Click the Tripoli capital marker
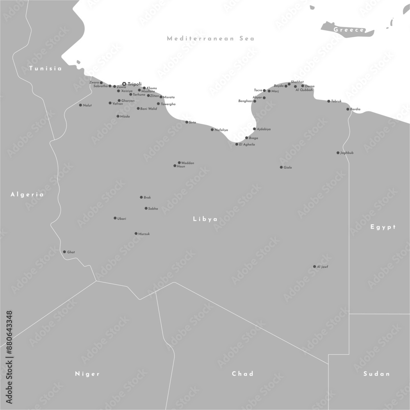click(x=124, y=84)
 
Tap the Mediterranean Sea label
click(x=211, y=39)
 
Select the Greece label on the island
click(x=349, y=30)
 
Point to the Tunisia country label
click(x=46, y=68)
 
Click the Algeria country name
click(x=27, y=194)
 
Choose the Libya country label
click(x=205, y=219)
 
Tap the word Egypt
click(x=383, y=227)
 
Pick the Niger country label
click(x=87, y=374)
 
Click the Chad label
click(x=243, y=374)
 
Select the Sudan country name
click(x=376, y=374)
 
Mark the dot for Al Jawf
click(x=314, y=266)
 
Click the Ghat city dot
click(x=64, y=252)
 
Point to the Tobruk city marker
click(x=328, y=101)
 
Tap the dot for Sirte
click(x=187, y=122)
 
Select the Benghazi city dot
click(x=255, y=101)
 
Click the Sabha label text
click(x=153, y=209)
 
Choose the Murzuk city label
click(x=144, y=234)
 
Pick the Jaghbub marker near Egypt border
click(x=338, y=153)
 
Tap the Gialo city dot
click(x=281, y=167)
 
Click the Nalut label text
click(x=87, y=105)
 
